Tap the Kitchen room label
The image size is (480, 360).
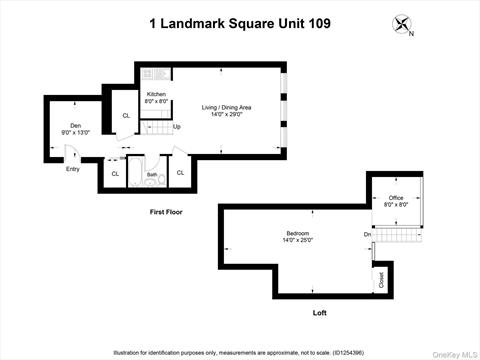[157, 97]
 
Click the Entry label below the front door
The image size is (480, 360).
[72, 169]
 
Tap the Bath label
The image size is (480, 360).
[151, 174]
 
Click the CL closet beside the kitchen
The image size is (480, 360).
[126, 116]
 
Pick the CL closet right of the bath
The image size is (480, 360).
[181, 173]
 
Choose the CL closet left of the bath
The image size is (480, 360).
[114, 174]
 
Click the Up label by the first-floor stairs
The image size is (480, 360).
[177, 127]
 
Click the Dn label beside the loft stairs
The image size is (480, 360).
[367, 235]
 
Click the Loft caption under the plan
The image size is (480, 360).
[319, 313]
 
